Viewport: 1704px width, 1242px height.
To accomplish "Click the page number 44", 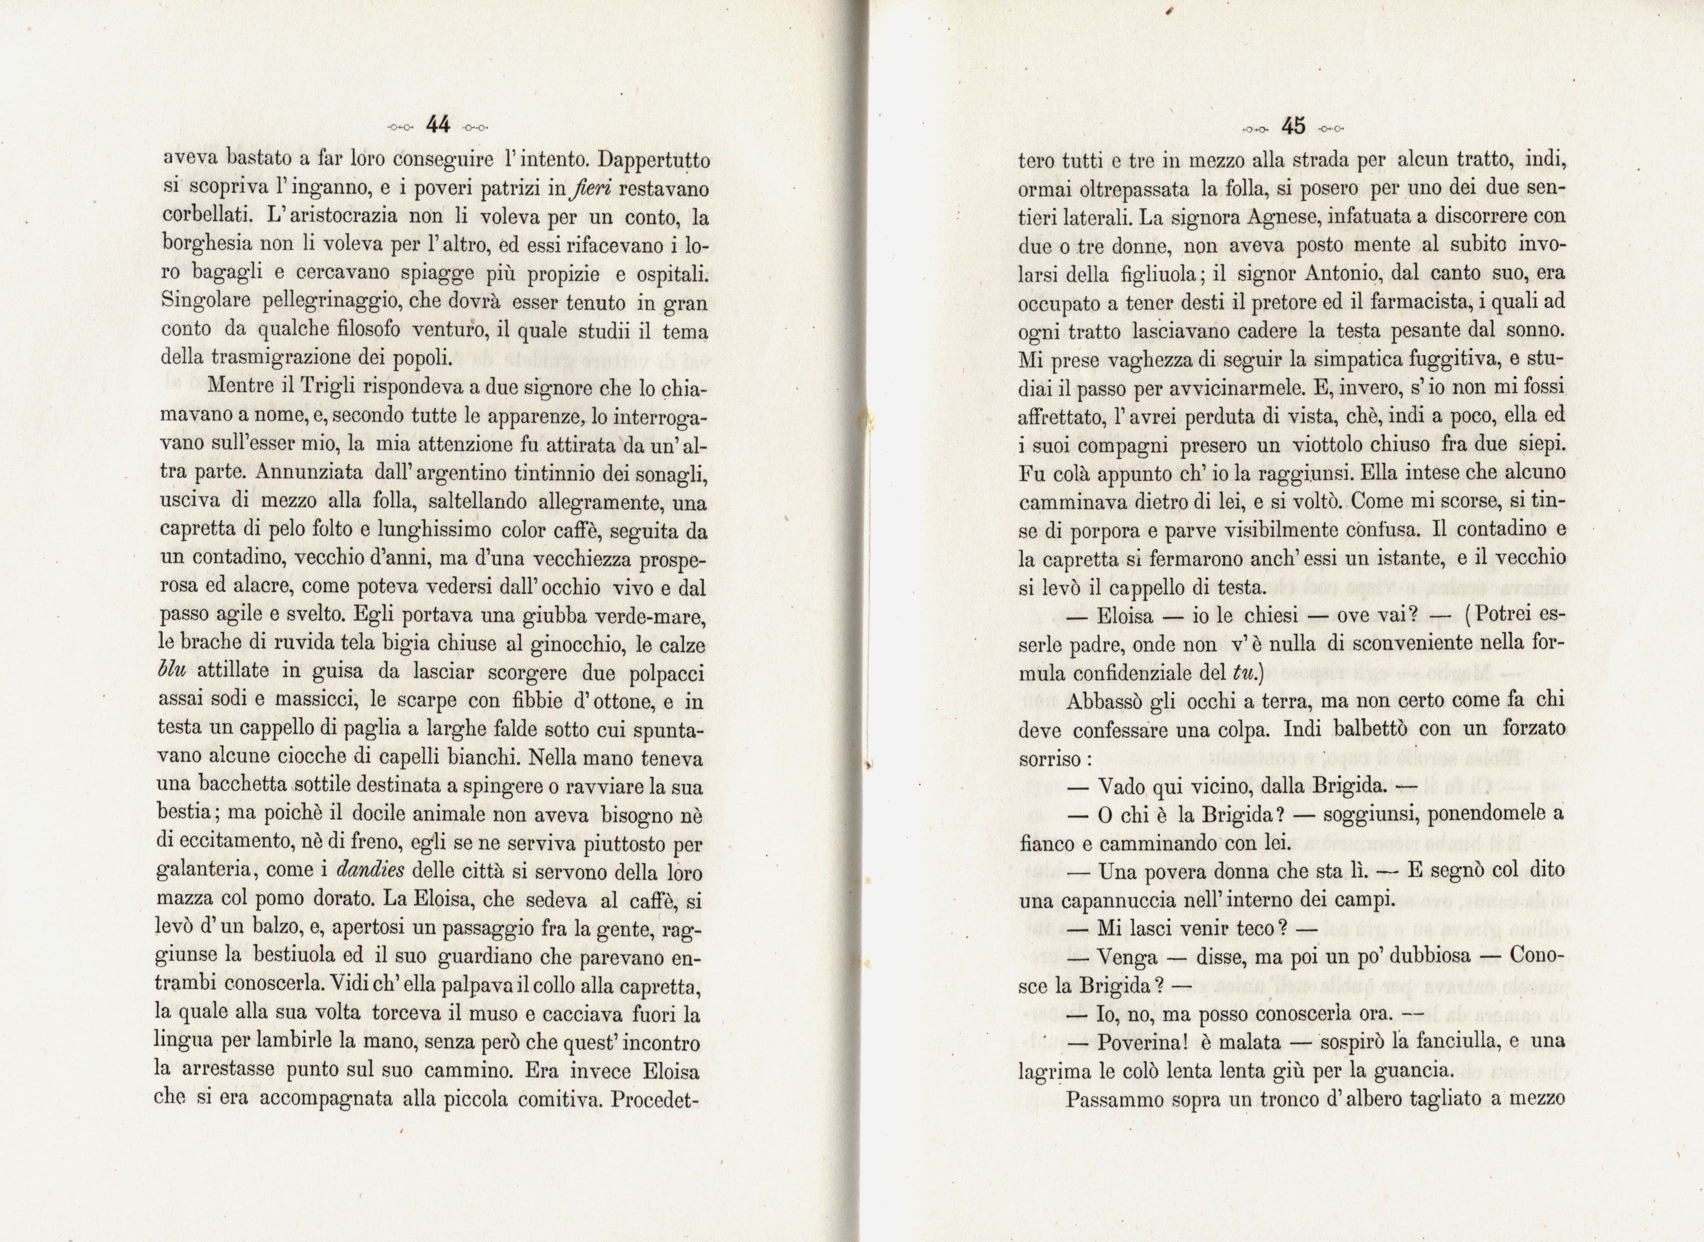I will [437, 125].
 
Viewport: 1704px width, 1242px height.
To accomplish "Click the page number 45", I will [1293, 126].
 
